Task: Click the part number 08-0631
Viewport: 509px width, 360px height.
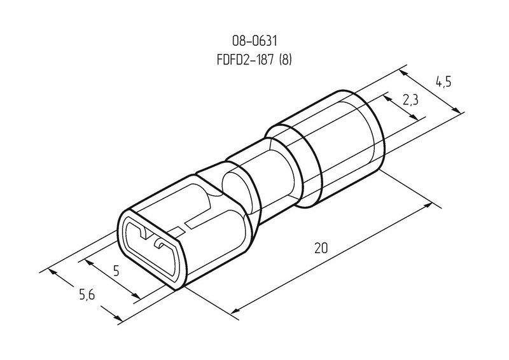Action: point(254,41)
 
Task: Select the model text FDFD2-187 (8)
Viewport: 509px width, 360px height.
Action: point(254,60)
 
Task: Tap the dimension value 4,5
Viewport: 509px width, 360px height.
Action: point(443,83)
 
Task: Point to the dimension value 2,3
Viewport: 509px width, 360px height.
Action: point(410,100)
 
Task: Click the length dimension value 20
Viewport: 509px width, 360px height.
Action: point(321,248)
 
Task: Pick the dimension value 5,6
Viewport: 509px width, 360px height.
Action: point(87,294)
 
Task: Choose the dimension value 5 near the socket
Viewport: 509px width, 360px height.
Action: point(116,270)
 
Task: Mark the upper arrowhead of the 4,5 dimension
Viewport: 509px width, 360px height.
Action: point(403,73)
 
